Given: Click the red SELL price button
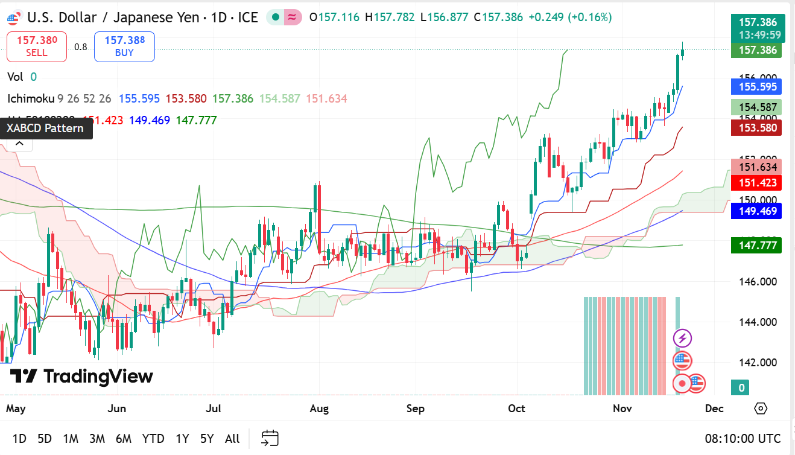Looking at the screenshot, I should [x=36, y=46].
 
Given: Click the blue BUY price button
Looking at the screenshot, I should [x=124, y=46].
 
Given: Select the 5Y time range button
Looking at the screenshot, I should [x=207, y=439].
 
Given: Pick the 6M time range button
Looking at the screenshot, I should [x=124, y=439].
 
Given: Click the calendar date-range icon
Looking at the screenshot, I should [x=270, y=438].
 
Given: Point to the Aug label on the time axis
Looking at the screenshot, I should [x=319, y=409].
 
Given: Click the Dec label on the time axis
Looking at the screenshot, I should [x=714, y=409].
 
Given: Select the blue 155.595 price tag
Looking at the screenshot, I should [x=756, y=87].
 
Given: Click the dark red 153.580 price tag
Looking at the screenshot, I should [x=756, y=127].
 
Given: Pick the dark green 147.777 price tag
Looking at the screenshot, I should [x=756, y=246].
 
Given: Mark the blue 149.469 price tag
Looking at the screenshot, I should [x=756, y=211].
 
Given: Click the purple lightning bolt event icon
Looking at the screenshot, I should [x=682, y=338].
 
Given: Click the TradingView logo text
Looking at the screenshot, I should [x=82, y=377].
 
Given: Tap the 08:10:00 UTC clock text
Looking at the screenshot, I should [x=743, y=439].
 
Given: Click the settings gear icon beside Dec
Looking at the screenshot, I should [x=761, y=409].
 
